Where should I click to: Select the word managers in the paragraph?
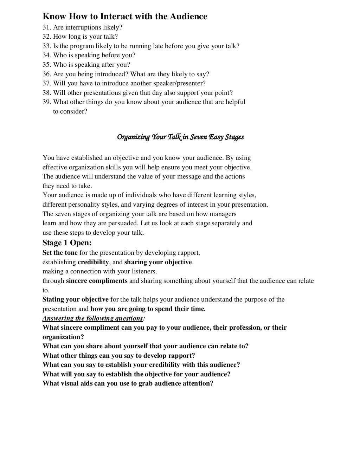click(223, 214)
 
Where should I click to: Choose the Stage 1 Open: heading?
click(67, 243)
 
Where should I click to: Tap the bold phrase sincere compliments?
click(97, 281)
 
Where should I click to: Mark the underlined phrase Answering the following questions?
click(93, 318)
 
